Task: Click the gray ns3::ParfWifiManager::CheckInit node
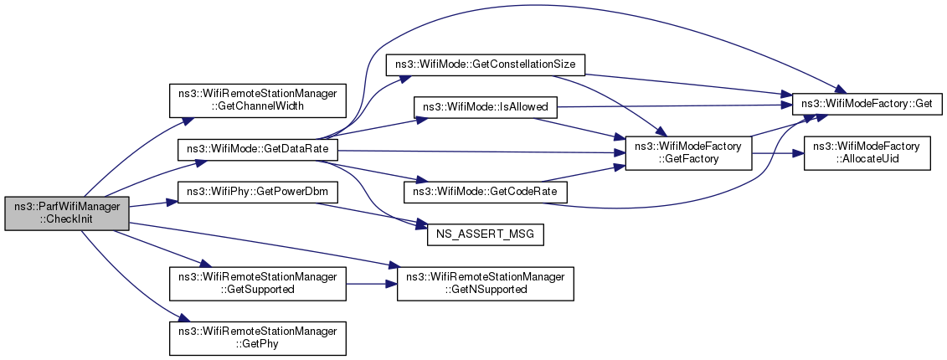tap(67, 213)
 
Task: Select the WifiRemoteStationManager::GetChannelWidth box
tap(258, 100)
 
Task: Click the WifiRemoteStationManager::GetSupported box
tap(258, 283)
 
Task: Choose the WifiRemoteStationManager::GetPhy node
tap(258, 338)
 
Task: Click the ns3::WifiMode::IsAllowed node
tap(484, 107)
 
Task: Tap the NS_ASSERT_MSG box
tap(486, 234)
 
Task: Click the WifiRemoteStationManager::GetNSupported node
tap(485, 283)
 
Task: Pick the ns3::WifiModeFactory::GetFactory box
tap(688, 154)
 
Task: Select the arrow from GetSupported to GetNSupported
tap(372, 283)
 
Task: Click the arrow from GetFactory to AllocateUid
tap(777, 154)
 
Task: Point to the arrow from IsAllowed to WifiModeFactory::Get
tap(674, 105)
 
